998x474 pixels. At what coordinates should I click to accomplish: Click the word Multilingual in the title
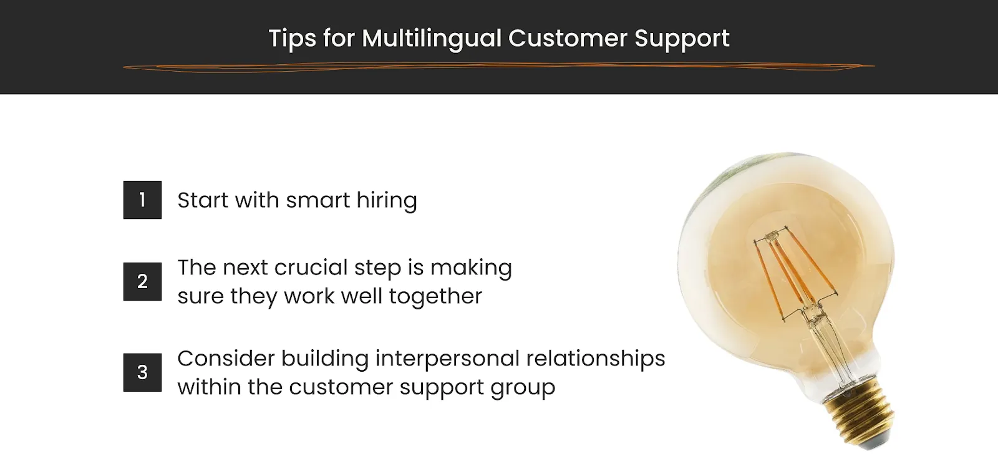[432, 39]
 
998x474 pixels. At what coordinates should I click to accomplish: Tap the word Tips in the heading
[292, 39]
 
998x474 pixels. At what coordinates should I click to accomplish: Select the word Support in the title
[682, 39]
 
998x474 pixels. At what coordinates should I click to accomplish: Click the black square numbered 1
[142, 200]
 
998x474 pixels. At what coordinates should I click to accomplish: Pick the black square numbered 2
[142, 281]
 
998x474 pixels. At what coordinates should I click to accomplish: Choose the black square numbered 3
[142, 372]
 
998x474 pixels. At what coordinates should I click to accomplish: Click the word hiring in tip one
[386, 200]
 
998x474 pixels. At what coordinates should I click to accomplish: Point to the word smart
[317, 200]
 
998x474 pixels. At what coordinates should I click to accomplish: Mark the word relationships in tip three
[595, 359]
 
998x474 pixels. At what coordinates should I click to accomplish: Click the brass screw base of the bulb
[861, 415]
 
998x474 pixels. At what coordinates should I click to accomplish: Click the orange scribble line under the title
[499, 67]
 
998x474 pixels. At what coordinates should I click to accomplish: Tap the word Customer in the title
[567, 39]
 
